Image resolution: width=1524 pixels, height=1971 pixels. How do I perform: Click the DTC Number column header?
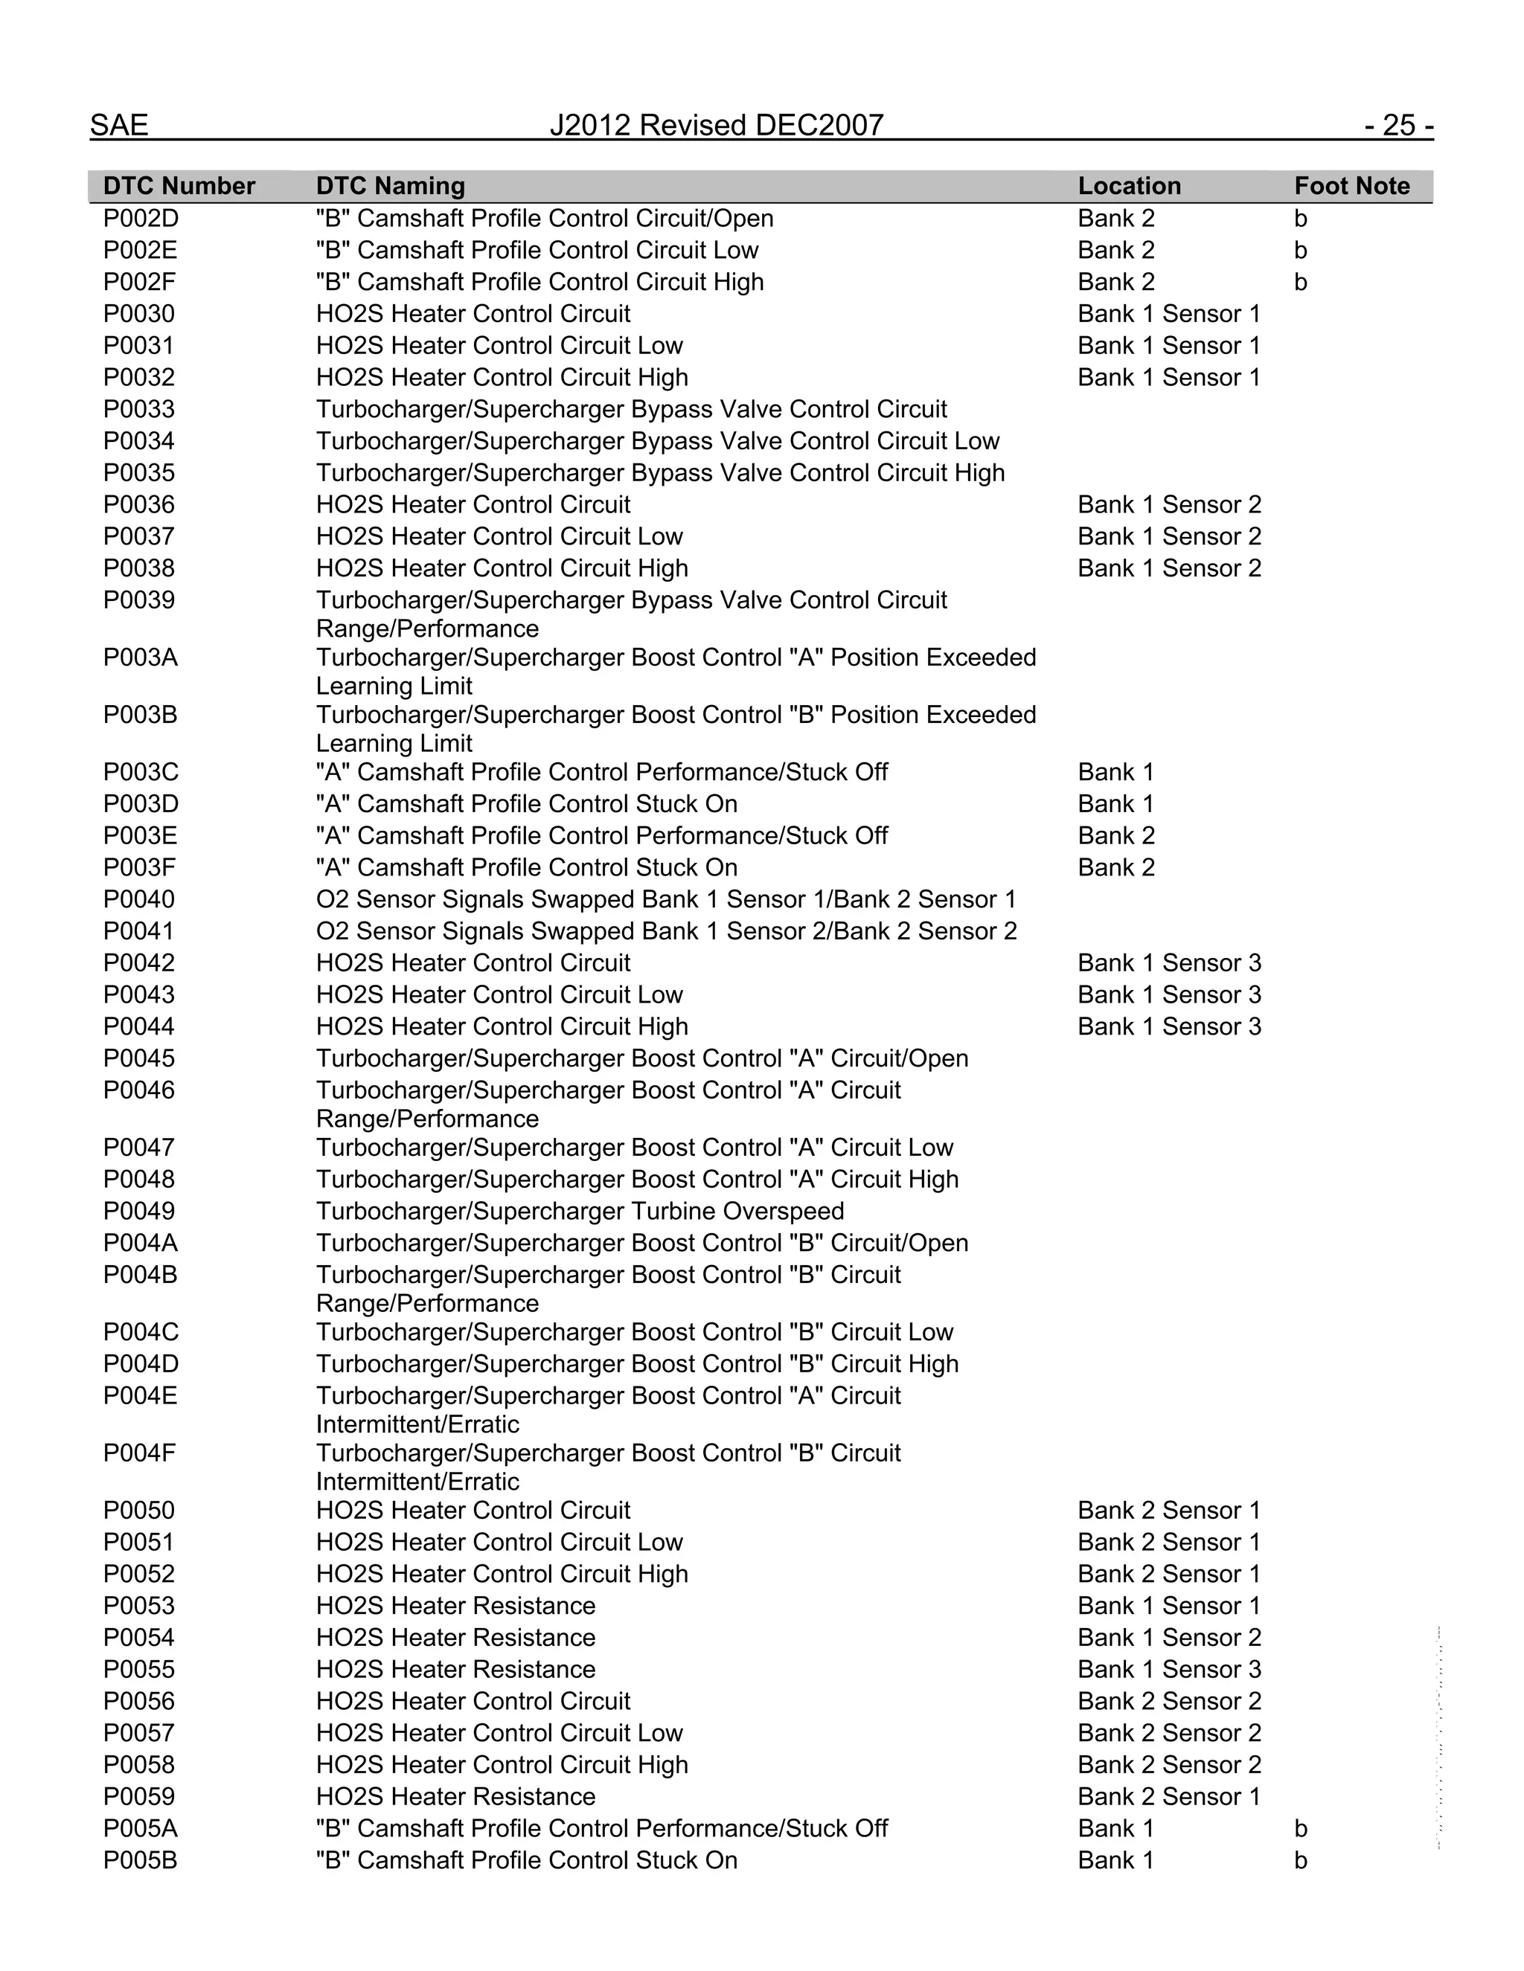click(179, 186)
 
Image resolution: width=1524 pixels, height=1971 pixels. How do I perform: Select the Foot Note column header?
click(1351, 186)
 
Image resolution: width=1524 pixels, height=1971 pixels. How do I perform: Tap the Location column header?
click(1129, 186)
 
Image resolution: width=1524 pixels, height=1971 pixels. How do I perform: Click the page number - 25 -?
click(1398, 124)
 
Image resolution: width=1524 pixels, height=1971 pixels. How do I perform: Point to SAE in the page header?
click(119, 124)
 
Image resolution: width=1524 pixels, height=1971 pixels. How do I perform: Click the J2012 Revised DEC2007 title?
click(716, 124)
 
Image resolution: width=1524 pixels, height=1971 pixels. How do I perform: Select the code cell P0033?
click(139, 409)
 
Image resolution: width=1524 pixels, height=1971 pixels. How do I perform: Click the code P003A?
click(140, 657)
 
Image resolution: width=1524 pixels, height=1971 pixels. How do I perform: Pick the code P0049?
click(139, 1211)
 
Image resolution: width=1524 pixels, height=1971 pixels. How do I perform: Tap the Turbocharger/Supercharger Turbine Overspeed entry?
click(580, 1211)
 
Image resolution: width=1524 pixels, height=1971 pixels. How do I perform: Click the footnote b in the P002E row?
click(1300, 250)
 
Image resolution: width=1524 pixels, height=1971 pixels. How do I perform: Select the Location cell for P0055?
click(1169, 1669)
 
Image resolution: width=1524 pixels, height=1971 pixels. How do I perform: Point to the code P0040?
click(139, 899)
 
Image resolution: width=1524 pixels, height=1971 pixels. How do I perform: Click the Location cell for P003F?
click(1116, 867)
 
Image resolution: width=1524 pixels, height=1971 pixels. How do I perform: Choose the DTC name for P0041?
click(666, 930)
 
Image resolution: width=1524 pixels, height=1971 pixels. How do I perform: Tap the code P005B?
click(140, 1860)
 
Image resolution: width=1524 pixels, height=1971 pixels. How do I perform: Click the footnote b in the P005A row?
click(1300, 1828)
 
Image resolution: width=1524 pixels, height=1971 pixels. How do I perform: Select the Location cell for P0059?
click(1169, 1796)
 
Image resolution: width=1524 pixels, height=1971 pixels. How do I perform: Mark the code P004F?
click(140, 1453)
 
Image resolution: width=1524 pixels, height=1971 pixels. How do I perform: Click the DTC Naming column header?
click(390, 186)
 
